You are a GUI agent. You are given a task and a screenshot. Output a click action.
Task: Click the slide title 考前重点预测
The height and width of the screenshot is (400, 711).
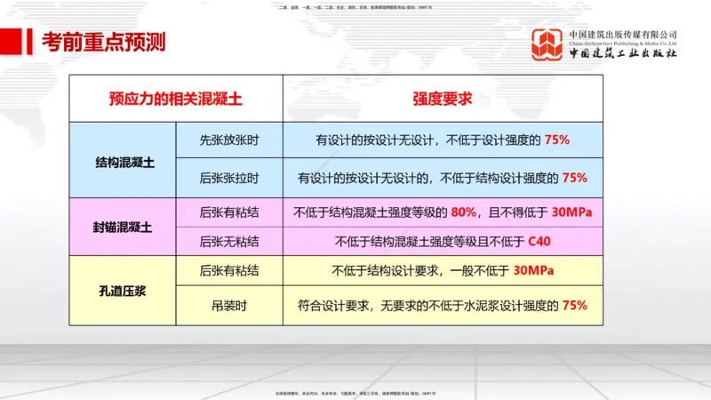click(105, 42)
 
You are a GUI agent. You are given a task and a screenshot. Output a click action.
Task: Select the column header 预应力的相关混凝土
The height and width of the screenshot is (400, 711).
click(176, 99)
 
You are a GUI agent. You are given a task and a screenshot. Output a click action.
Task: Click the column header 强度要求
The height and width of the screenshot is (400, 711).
click(443, 99)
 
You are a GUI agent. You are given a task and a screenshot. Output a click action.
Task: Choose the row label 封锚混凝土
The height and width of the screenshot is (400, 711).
click(124, 227)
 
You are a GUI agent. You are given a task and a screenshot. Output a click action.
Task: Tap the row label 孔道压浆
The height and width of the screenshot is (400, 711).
click(124, 288)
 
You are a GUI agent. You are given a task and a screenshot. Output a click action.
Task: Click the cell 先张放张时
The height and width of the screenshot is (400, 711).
click(229, 140)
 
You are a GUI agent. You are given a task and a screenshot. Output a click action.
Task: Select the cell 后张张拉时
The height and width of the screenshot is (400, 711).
click(229, 178)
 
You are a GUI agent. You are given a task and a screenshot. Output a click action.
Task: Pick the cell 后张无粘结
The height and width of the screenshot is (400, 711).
click(229, 241)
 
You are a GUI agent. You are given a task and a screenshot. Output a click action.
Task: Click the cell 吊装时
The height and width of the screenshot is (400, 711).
click(229, 305)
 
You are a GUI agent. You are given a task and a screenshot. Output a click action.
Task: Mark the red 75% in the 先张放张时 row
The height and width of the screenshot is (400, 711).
click(555, 140)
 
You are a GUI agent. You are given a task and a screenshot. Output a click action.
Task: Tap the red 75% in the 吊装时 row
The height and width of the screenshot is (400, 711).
click(575, 305)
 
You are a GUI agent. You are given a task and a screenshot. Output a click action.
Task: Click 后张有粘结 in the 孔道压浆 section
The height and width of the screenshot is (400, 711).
click(229, 271)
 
